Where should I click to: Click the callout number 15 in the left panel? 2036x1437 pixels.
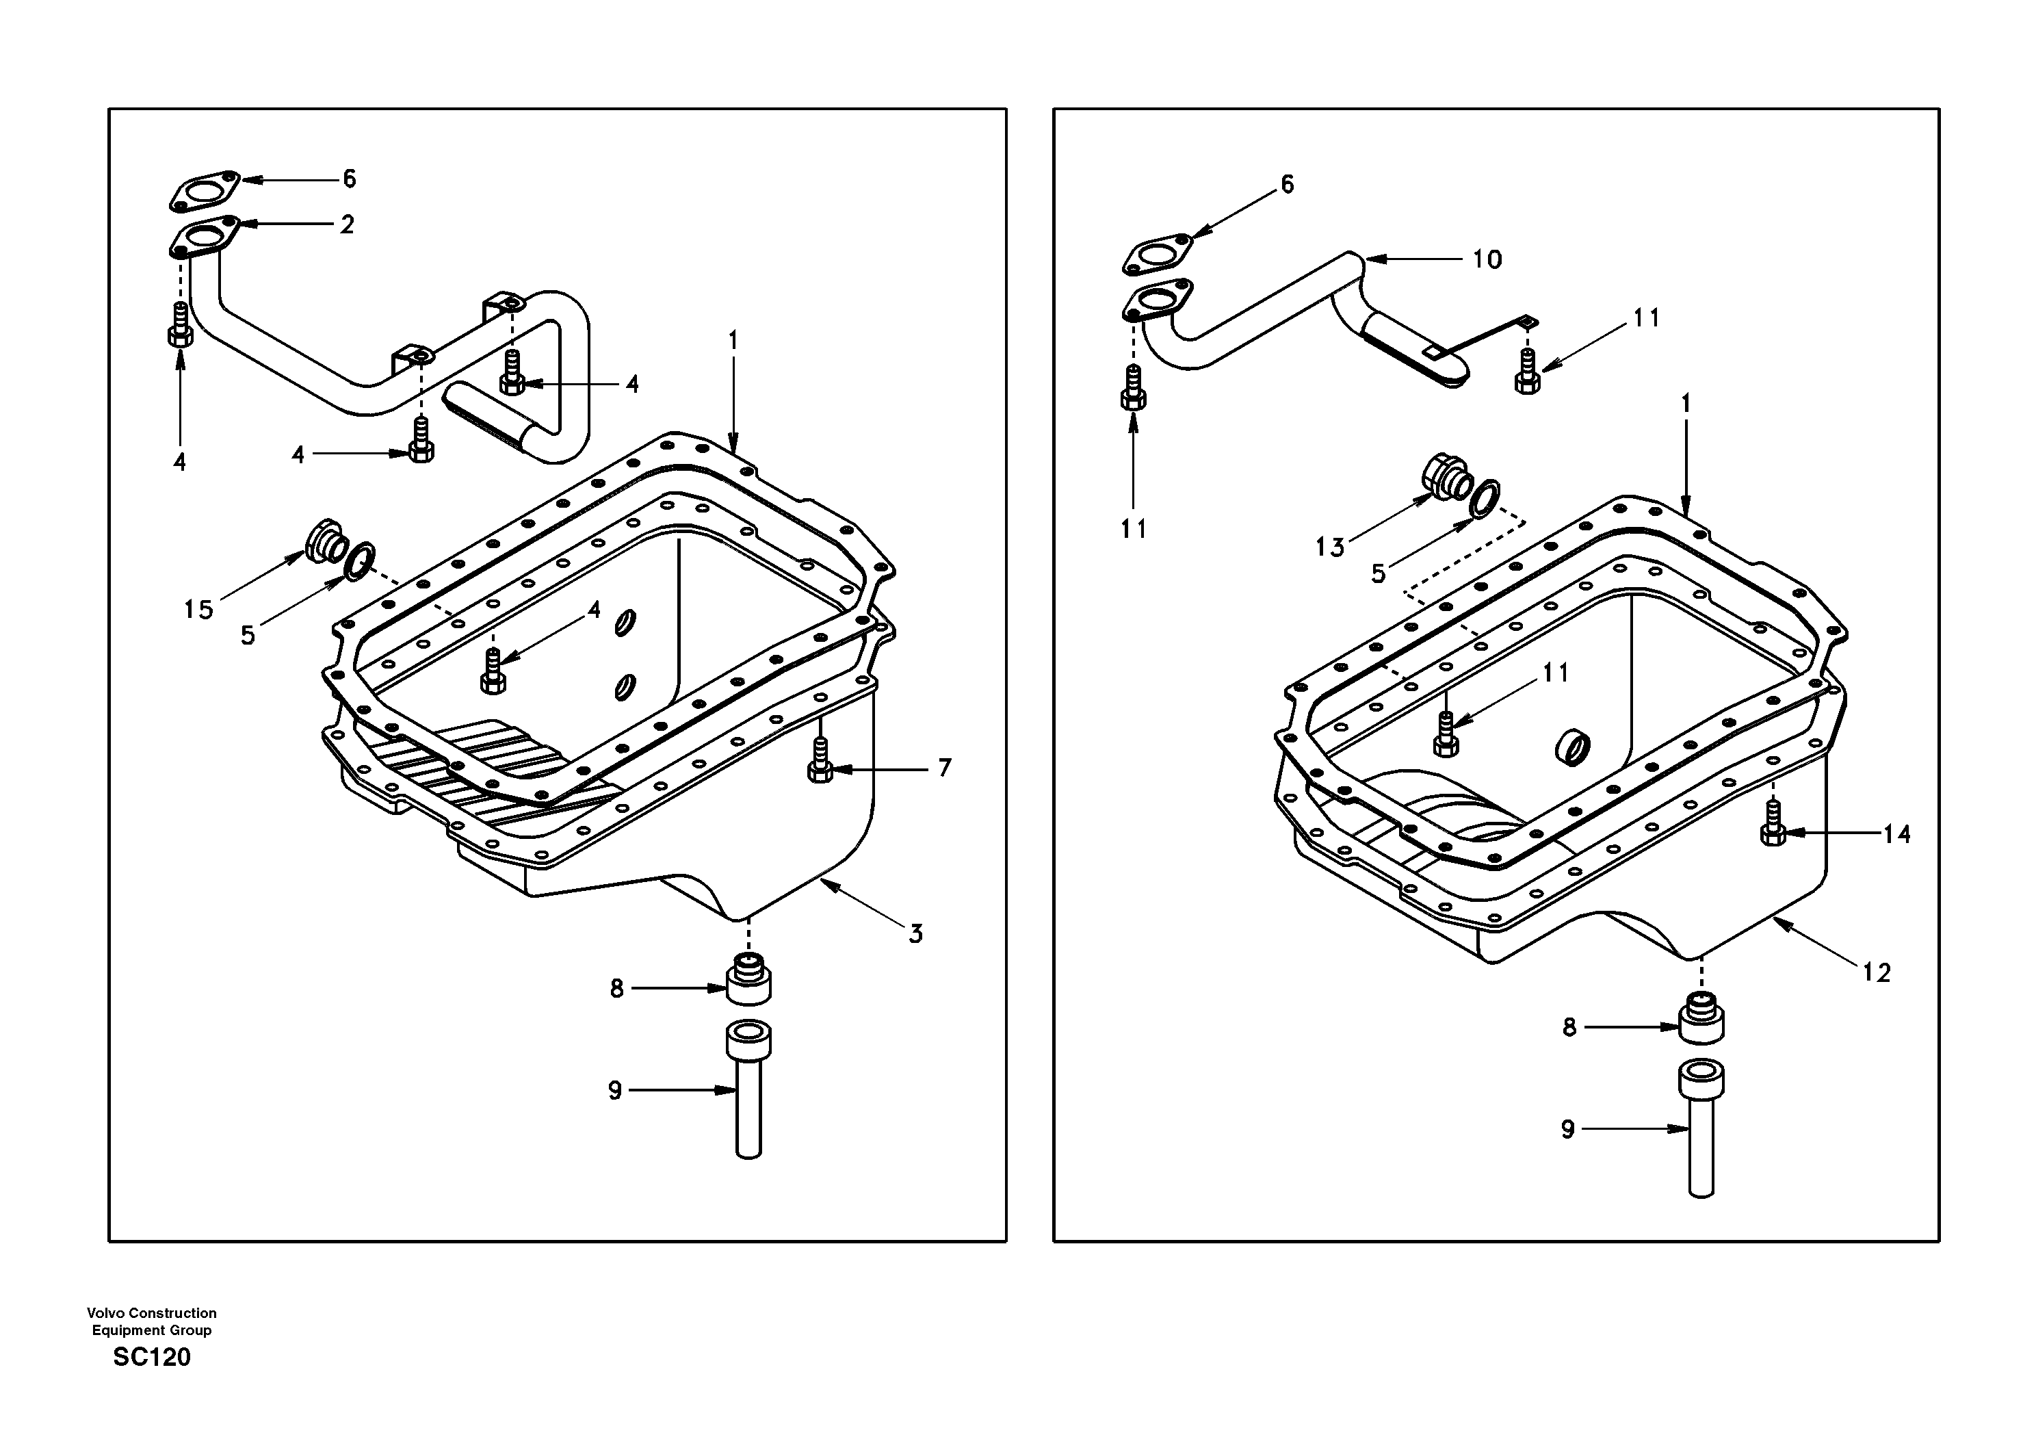tap(198, 610)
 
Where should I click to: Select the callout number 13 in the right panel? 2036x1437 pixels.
tap(1329, 547)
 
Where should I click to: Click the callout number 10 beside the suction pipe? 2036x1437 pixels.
tap(1487, 259)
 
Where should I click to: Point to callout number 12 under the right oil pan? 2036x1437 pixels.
tap(1877, 973)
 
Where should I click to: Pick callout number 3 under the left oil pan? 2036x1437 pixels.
tap(915, 933)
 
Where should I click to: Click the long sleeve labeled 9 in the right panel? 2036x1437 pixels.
tap(1701, 1131)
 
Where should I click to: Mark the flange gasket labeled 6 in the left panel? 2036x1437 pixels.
tap(205, 192)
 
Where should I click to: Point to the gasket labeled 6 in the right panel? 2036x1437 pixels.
tap(1157, 255)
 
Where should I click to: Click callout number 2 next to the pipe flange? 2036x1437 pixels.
tap(347, 224)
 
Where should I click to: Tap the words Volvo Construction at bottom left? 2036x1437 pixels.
tap(152, 1313)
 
